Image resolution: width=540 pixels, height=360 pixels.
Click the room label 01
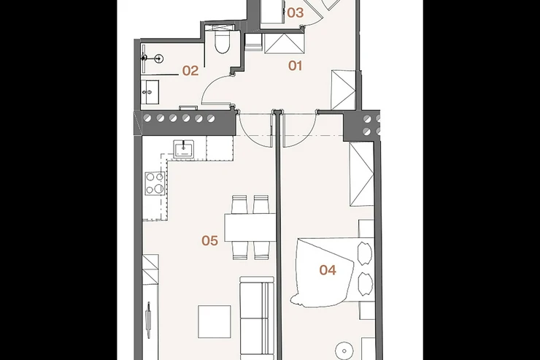(295, 66)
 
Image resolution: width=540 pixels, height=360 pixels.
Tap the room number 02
(190, 71)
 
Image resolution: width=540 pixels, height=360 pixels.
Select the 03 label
(296, 13)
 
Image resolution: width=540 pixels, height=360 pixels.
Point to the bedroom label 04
(328, 270)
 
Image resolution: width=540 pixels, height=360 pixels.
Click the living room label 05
(209, 240)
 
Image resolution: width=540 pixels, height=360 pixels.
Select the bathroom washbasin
(150, 92)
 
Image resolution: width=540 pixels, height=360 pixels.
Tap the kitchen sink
(183, 149)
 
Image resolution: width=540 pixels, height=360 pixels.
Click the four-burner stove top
(155, 183)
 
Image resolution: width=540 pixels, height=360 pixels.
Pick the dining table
(250, 227)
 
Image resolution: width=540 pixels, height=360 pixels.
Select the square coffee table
(215, 321)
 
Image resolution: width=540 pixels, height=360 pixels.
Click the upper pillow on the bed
(365, 253)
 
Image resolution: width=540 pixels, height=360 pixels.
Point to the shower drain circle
(159, 58)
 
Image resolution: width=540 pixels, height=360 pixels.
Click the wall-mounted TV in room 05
(148, 320)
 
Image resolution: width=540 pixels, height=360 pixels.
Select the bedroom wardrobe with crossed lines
(362, 174)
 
